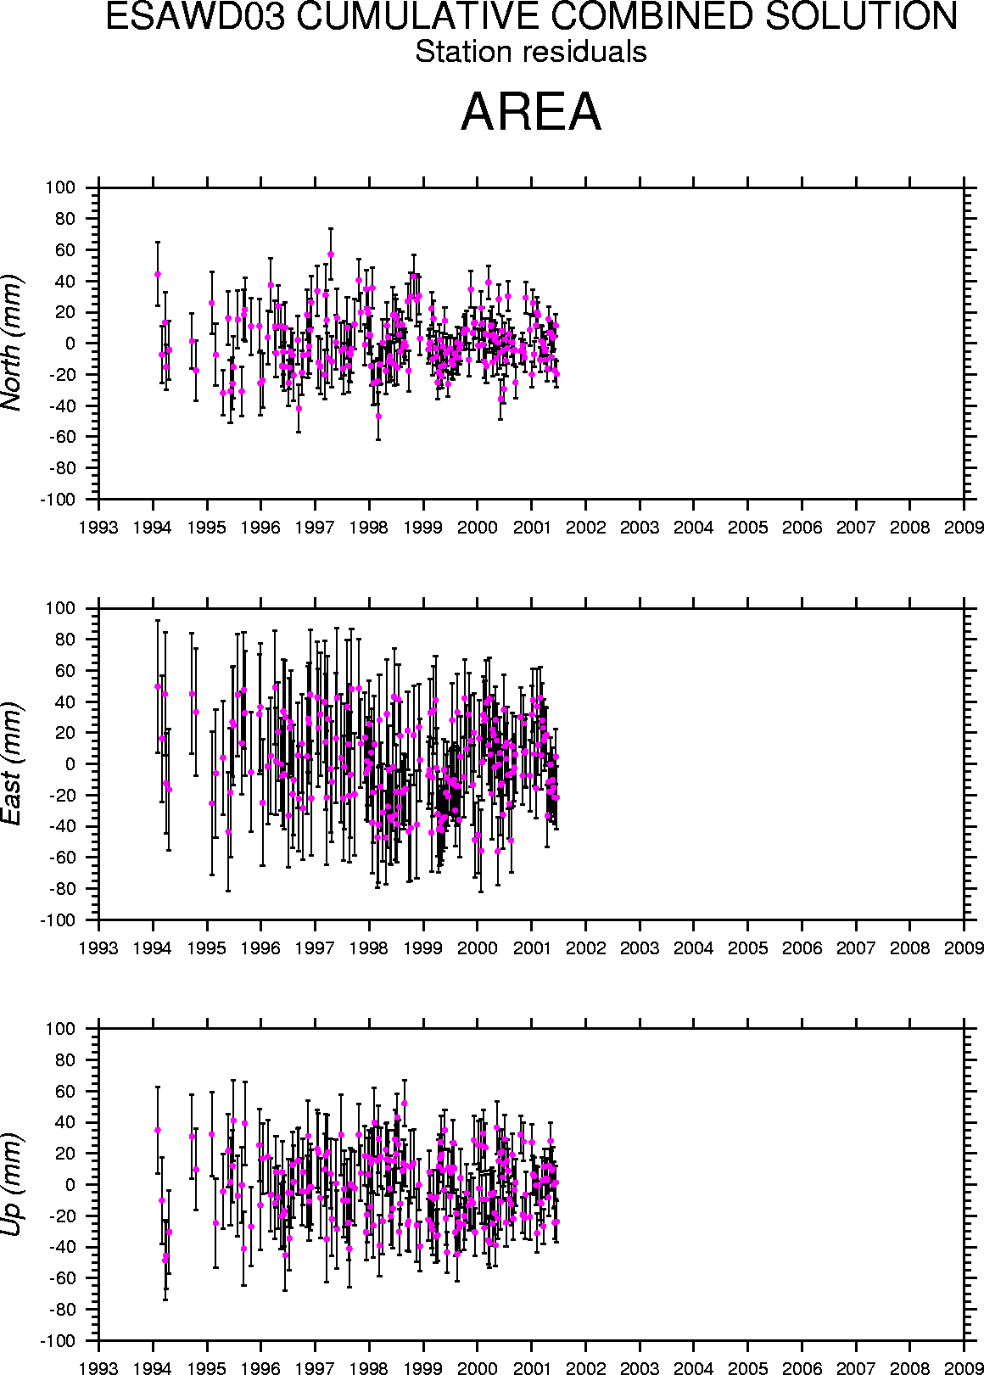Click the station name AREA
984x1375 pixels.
[531, 111]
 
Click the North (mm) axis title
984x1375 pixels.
[12, 343]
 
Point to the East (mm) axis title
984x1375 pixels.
[12, 763]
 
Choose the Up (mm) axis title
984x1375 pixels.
[12, 1184]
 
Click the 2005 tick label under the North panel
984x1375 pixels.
[747, 528]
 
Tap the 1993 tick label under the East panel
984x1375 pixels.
[98, 947]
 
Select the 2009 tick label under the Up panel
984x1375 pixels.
[964, 1368]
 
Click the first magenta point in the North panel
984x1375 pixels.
[158, 274]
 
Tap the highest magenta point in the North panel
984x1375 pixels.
[331, 254]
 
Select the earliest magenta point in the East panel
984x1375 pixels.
[158, 686]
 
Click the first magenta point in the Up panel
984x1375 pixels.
[158, 1130]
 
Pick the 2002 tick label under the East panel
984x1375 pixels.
[585, 947]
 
